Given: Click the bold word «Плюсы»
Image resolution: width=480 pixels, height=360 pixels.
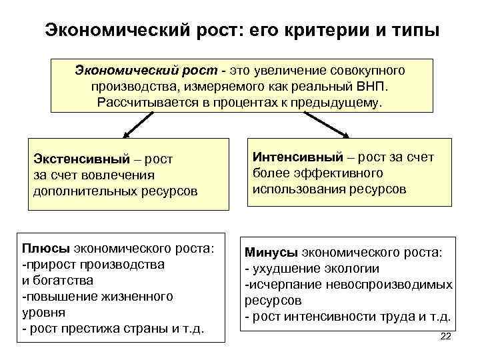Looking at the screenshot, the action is click(x=45, y=249).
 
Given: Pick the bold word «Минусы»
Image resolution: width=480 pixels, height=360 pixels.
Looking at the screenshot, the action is click(x=272, y=253).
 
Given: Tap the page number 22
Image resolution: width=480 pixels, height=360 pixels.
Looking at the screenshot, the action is click(x=446, y=337).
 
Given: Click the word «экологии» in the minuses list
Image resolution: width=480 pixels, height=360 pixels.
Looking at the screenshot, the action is click(x=349, y=269).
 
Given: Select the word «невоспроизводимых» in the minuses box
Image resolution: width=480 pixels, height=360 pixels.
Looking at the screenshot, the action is click(x=388, y=285).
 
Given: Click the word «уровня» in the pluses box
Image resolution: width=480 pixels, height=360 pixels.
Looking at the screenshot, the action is click(x=43, y=311).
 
